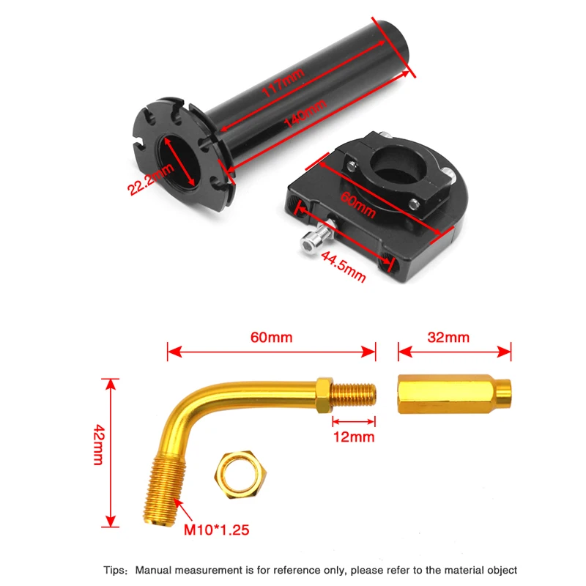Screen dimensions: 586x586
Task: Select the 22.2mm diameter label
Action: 151,179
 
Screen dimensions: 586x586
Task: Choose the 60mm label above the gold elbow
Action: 271,338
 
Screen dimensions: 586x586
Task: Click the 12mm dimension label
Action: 353,437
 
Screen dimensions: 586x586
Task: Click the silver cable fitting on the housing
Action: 313,241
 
